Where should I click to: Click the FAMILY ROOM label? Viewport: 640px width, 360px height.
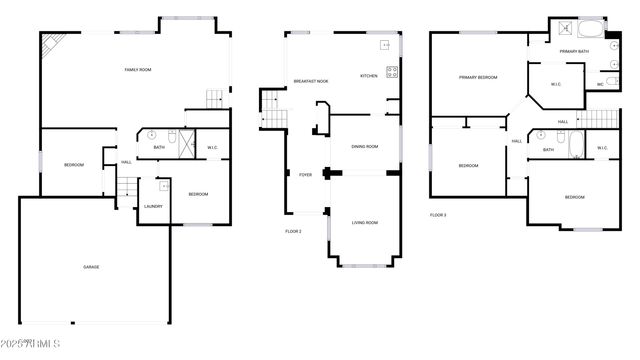(x=137, y=69)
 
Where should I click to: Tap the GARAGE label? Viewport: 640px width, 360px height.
(x=91, y=266)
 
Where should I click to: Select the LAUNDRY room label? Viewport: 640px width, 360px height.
(x=153, y=206)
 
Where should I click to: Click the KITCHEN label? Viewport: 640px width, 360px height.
(x=368, y=76)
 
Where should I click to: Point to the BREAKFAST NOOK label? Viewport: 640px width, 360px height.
(x=311, y=81)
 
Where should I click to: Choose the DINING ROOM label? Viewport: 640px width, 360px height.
(x=364, y=147)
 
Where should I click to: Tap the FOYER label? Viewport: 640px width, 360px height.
(x=305, y=174)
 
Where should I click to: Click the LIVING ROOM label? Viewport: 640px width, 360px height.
(x=364, y=222)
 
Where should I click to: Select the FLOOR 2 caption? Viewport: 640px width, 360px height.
(x=293, y=231)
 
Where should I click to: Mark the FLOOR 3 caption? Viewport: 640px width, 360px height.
(x=438, y=214)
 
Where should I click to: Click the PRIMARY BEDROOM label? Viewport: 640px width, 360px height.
(x=478, y=77)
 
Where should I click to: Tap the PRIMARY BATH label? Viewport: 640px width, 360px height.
(x=574, y=51)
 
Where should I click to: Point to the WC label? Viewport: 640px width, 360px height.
(x=599, y=85)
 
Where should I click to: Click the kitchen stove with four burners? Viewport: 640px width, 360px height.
(x=392, y=71)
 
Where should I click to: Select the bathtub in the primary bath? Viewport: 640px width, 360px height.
(x=591, y=28)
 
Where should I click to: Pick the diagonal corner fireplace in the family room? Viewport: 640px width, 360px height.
(x=50, y=45)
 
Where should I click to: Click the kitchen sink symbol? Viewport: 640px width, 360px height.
(x=384, y=45)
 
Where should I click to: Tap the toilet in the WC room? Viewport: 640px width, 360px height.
(x=611, y=84)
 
